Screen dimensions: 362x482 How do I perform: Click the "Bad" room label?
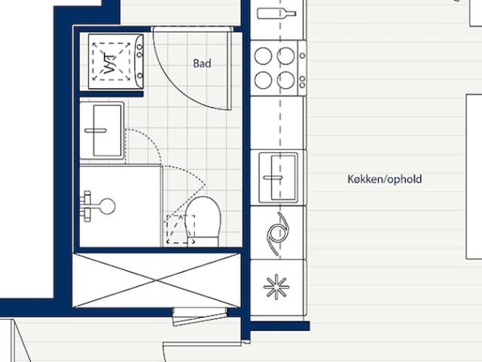tap(202, 64)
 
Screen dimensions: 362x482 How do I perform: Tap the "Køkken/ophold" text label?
tap(384, 179)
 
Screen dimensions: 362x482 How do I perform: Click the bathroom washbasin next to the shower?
tap(102, 130)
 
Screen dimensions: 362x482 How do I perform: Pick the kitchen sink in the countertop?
tap(278, 178)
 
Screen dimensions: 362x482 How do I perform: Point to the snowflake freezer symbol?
tap(276, 288)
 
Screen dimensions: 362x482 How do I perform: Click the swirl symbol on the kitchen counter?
tap(277, 230)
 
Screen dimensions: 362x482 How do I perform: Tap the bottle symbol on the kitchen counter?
tap(276, 13)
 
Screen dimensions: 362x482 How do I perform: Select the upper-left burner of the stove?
tap(264, 56)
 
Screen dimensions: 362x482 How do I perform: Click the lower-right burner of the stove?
tap(286, 79)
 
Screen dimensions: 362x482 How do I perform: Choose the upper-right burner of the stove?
tap(286, 56)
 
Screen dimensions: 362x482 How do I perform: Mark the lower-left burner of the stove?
tap(264, 79)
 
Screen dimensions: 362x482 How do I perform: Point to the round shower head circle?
tap(107, 206)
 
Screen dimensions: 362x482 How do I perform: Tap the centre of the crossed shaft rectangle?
tap(157, 280)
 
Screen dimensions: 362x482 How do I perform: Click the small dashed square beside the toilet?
tap(179, 229)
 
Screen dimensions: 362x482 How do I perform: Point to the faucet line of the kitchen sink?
tap(272, 178)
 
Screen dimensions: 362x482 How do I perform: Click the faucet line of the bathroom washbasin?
tap(96, 130)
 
